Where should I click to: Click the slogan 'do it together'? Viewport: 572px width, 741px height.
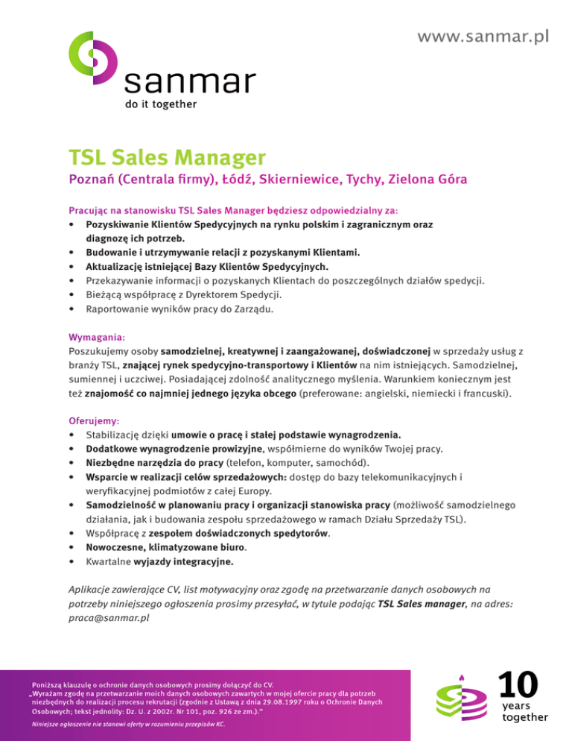160,104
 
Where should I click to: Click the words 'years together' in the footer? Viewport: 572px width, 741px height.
524,710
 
